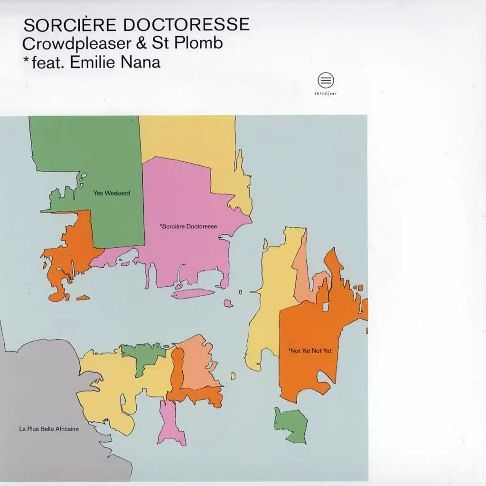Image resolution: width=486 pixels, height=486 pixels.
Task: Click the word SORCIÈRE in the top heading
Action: coord(62,25)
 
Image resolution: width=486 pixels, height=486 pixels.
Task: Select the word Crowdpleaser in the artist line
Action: coord(75,43)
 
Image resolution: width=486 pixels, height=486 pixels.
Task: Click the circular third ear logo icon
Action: coord(326,80)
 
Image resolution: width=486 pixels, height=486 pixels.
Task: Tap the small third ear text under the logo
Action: coord(326,93)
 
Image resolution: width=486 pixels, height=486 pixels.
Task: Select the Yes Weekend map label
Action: coord(112,193)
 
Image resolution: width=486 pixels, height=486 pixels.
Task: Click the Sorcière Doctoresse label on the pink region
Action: coord(188,226)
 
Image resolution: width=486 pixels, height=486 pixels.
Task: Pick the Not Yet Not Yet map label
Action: coord(309,351)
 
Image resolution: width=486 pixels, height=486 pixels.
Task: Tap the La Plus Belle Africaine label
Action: coord(49,429)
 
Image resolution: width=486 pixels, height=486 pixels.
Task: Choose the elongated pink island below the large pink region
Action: coord(192,294)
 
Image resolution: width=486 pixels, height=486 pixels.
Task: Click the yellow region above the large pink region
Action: coord(190,138)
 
